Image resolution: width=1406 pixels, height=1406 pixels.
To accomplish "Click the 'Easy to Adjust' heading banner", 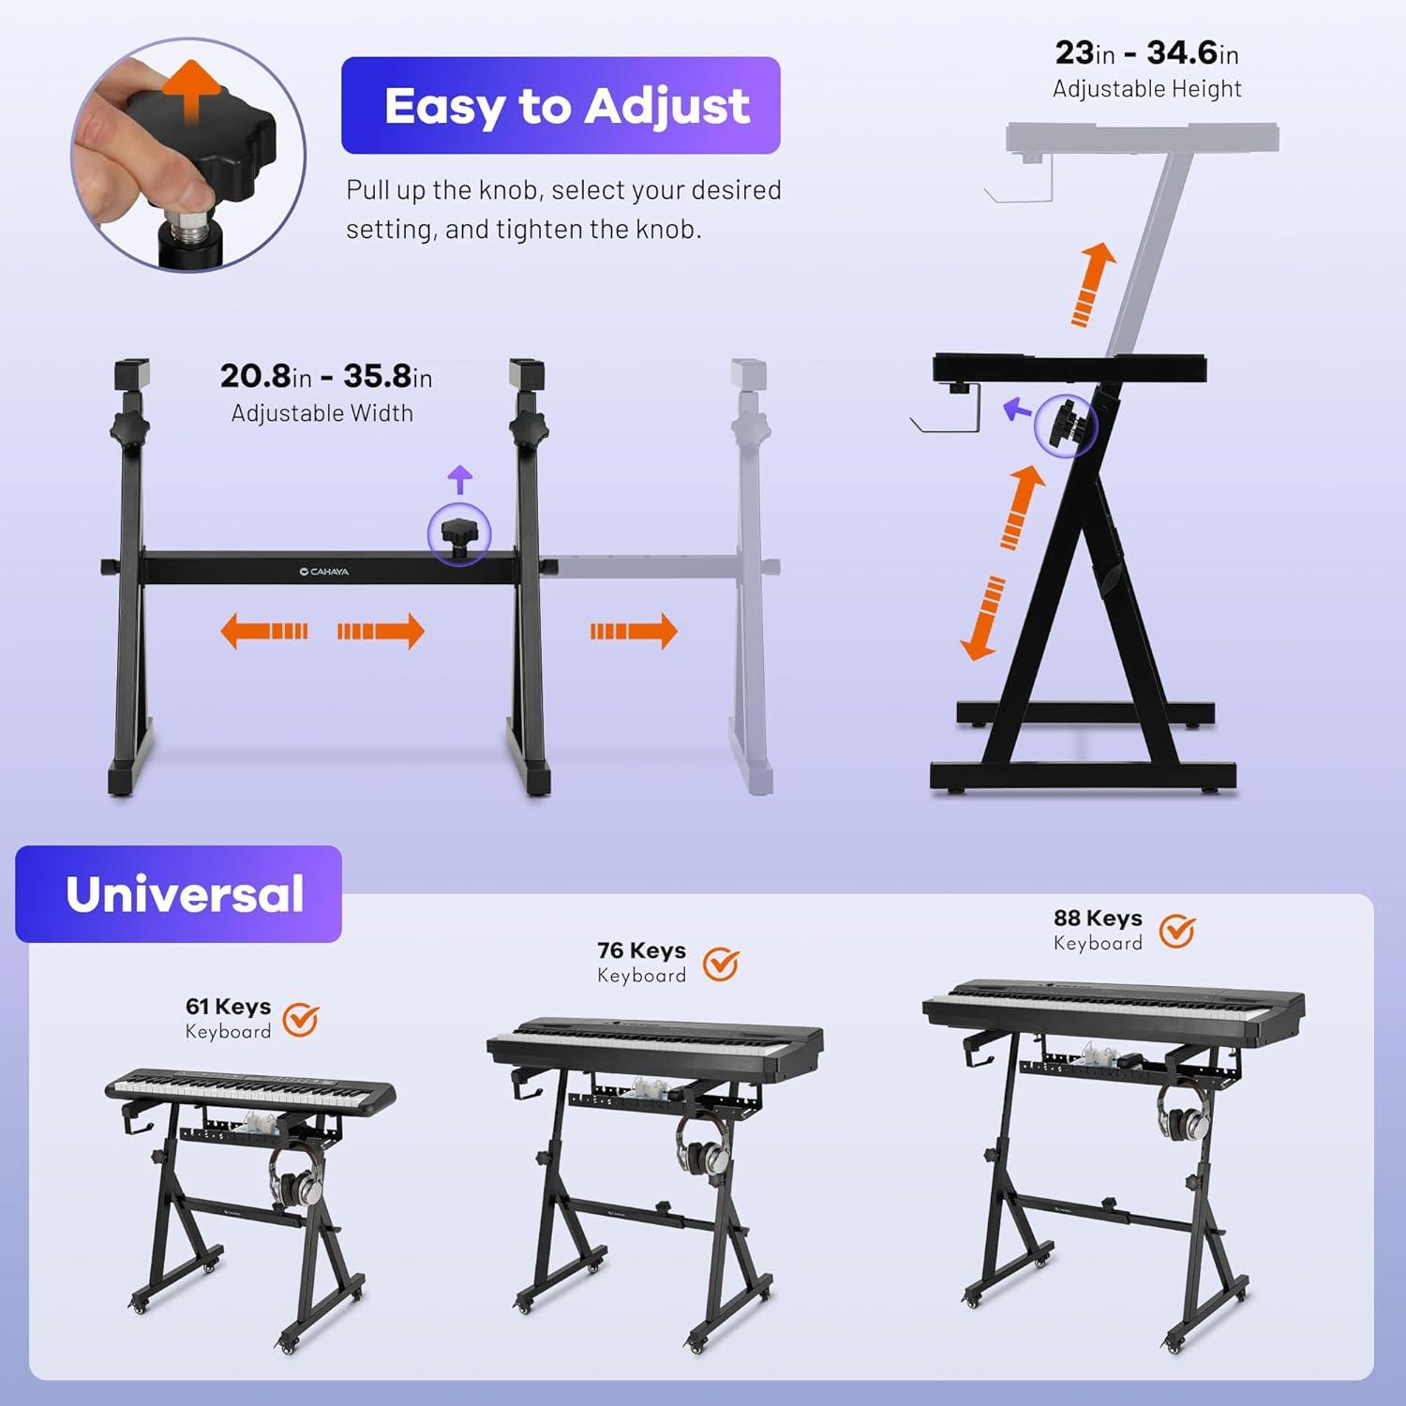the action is tap(561, 105).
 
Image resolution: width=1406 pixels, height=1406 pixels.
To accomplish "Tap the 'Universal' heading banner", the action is tap(178, 894).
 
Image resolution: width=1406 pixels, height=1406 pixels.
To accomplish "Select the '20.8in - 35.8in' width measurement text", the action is tap(326, 377).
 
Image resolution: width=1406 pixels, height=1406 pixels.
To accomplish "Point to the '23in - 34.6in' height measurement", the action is tap(1147, 53).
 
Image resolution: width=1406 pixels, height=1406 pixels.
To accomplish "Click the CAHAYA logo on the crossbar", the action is tap(324, 571).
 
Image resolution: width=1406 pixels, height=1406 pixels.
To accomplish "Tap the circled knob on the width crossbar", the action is tap(459, 535).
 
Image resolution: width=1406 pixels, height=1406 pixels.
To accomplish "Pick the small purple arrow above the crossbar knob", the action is tap(459, 479).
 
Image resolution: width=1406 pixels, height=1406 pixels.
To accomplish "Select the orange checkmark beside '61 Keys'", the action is tap(301, 1019).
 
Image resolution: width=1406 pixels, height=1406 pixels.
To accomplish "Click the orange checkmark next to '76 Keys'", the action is tap(721, 964).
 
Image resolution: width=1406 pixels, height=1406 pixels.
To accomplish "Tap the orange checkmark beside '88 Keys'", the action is tap(1177, 931).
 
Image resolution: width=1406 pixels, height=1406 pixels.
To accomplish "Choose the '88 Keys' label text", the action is tap(1098, 919).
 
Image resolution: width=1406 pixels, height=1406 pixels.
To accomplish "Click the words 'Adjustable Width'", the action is tap(322, 413).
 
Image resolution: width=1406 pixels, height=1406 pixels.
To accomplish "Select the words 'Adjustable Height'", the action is tap(1147, 89).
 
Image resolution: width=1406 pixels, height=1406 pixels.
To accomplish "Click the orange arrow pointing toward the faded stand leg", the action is tap(634, 631).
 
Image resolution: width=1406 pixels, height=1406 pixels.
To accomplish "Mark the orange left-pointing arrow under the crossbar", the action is tap(264, 631).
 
